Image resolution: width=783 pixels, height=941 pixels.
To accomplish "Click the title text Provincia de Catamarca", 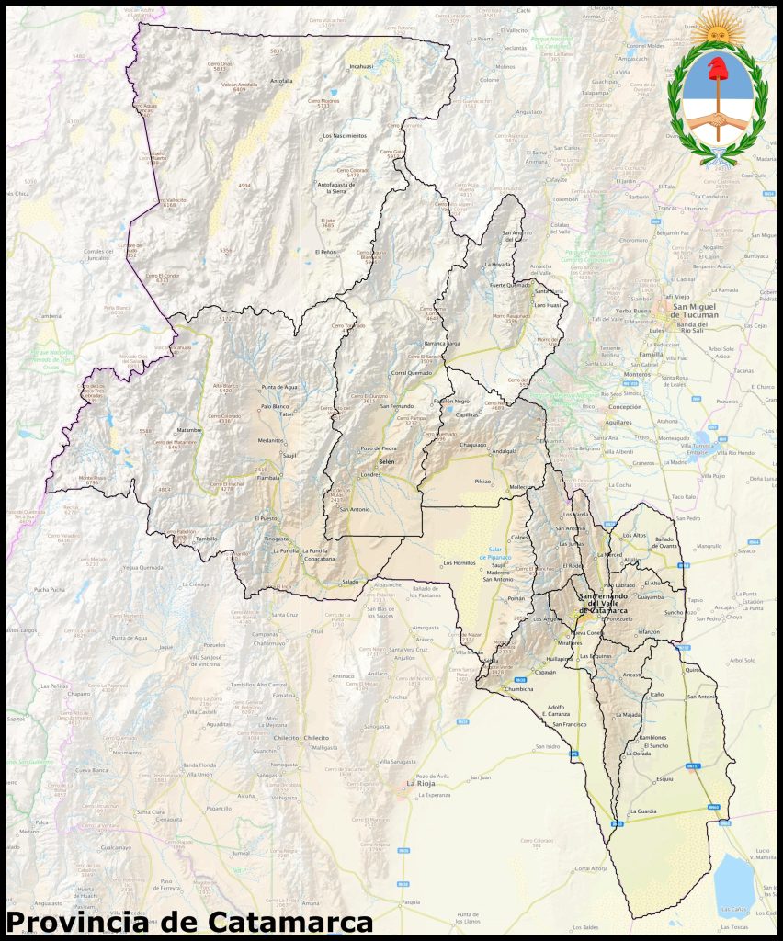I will pos(188,921).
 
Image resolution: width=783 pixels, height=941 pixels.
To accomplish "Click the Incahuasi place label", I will pos(362,67).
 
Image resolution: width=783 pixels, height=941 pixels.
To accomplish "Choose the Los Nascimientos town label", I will pos(345,136).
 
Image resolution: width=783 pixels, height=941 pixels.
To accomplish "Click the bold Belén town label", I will pos(386,461).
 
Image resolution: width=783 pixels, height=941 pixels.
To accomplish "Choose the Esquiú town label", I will pos(664,778).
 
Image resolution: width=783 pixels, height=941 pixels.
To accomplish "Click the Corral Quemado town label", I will pos(411,373).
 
